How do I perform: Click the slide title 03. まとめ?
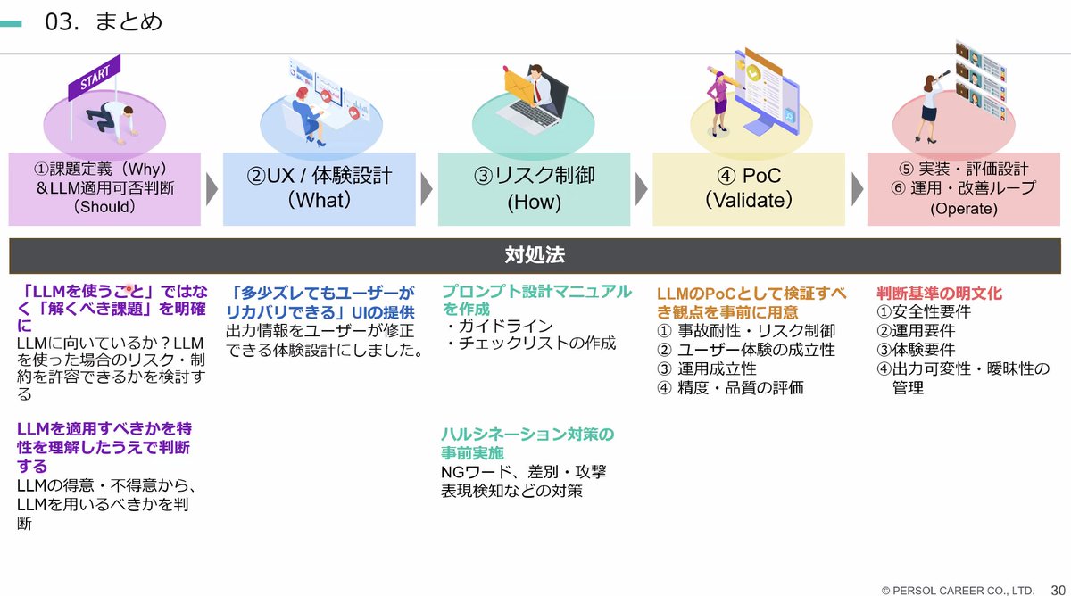tap(104, 21)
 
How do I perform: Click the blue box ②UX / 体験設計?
tap(319, 188)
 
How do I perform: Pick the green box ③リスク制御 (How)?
tap(534, 188)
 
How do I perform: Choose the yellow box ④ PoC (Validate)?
tap(749, 188)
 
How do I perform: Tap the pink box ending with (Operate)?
tap(962, 188)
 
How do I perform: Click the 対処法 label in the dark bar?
tap(535, 256)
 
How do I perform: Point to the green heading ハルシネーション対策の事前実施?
tap(527, 443)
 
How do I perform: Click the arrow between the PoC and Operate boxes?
tap(858, 188)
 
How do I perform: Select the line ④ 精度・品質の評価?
tap(730, 387)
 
